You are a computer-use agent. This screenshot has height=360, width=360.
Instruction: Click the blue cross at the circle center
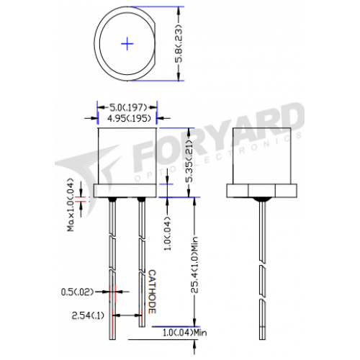(127, 44)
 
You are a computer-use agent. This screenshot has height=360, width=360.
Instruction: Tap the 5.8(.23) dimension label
(179, 43)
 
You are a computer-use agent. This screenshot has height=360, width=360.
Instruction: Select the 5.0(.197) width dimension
(127, 107)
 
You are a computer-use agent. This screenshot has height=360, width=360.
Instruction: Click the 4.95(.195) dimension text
(129, 118)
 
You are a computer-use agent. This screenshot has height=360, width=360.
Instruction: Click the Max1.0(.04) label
(71, 204)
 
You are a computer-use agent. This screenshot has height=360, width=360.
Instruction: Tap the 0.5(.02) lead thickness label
(77, 292)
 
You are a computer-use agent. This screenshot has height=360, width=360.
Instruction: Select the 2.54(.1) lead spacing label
(88, 315)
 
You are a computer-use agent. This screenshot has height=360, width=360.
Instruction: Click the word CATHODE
(152, 292)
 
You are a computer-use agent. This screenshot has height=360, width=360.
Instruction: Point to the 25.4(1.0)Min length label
(194, 264)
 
